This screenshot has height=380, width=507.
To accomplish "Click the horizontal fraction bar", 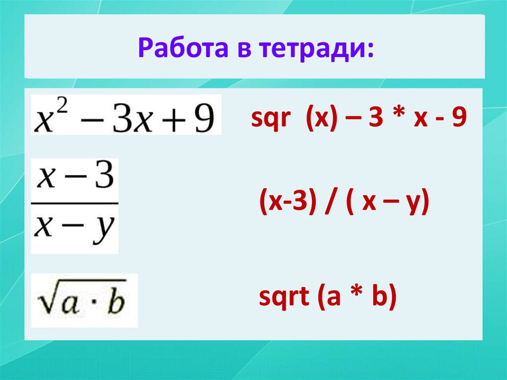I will click(74, 203).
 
